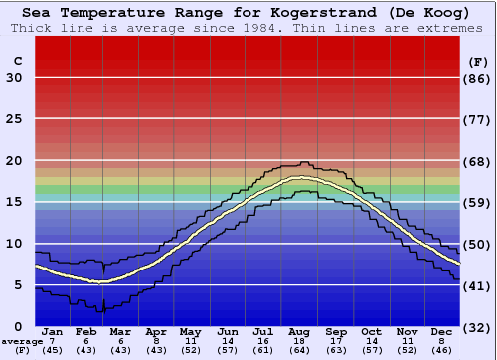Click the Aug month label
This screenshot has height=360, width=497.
coord(300,331)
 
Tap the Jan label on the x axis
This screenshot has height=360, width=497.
coord(53,331)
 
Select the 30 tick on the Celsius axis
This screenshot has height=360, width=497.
coord(14,78)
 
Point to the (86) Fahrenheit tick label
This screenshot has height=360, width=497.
coord(479,78)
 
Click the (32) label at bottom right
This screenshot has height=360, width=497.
coord(479,327)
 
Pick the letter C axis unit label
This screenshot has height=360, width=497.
coord(17,61)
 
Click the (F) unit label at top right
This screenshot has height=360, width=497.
coord(479,61)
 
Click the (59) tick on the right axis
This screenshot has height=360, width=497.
coord(479,203)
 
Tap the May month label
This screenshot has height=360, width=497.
coord(189,331)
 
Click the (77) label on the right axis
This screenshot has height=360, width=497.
coord(479,119)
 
